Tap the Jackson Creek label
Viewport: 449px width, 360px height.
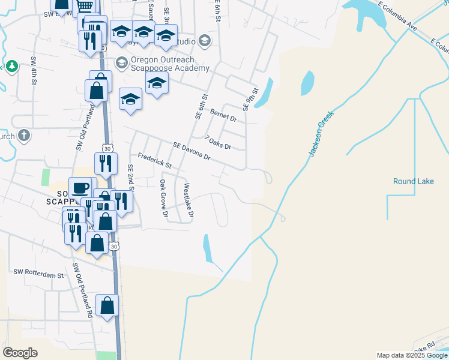[321, 137]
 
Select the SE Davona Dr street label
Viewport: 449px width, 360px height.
[191, 151]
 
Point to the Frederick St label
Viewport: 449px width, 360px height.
[154, 160]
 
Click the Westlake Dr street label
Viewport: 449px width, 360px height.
[188, 200]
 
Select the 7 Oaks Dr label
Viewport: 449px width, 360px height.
[218, 143]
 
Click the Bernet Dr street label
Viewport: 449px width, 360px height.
[224, 113]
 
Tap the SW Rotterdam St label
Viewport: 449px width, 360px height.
[38, 274]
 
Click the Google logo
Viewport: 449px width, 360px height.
[20, 353]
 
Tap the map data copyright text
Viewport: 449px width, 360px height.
[411, 355]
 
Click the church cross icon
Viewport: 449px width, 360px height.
[24, 135]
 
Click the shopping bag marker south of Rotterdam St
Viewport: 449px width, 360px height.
[107, 306]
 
